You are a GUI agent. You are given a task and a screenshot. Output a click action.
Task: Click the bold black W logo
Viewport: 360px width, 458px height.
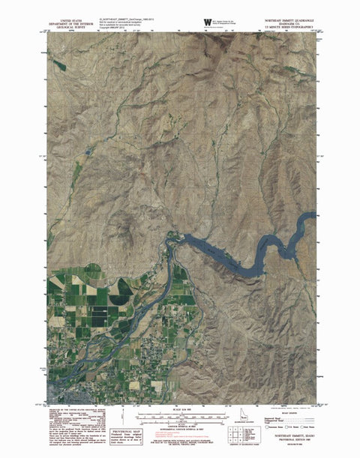(208, 22)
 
